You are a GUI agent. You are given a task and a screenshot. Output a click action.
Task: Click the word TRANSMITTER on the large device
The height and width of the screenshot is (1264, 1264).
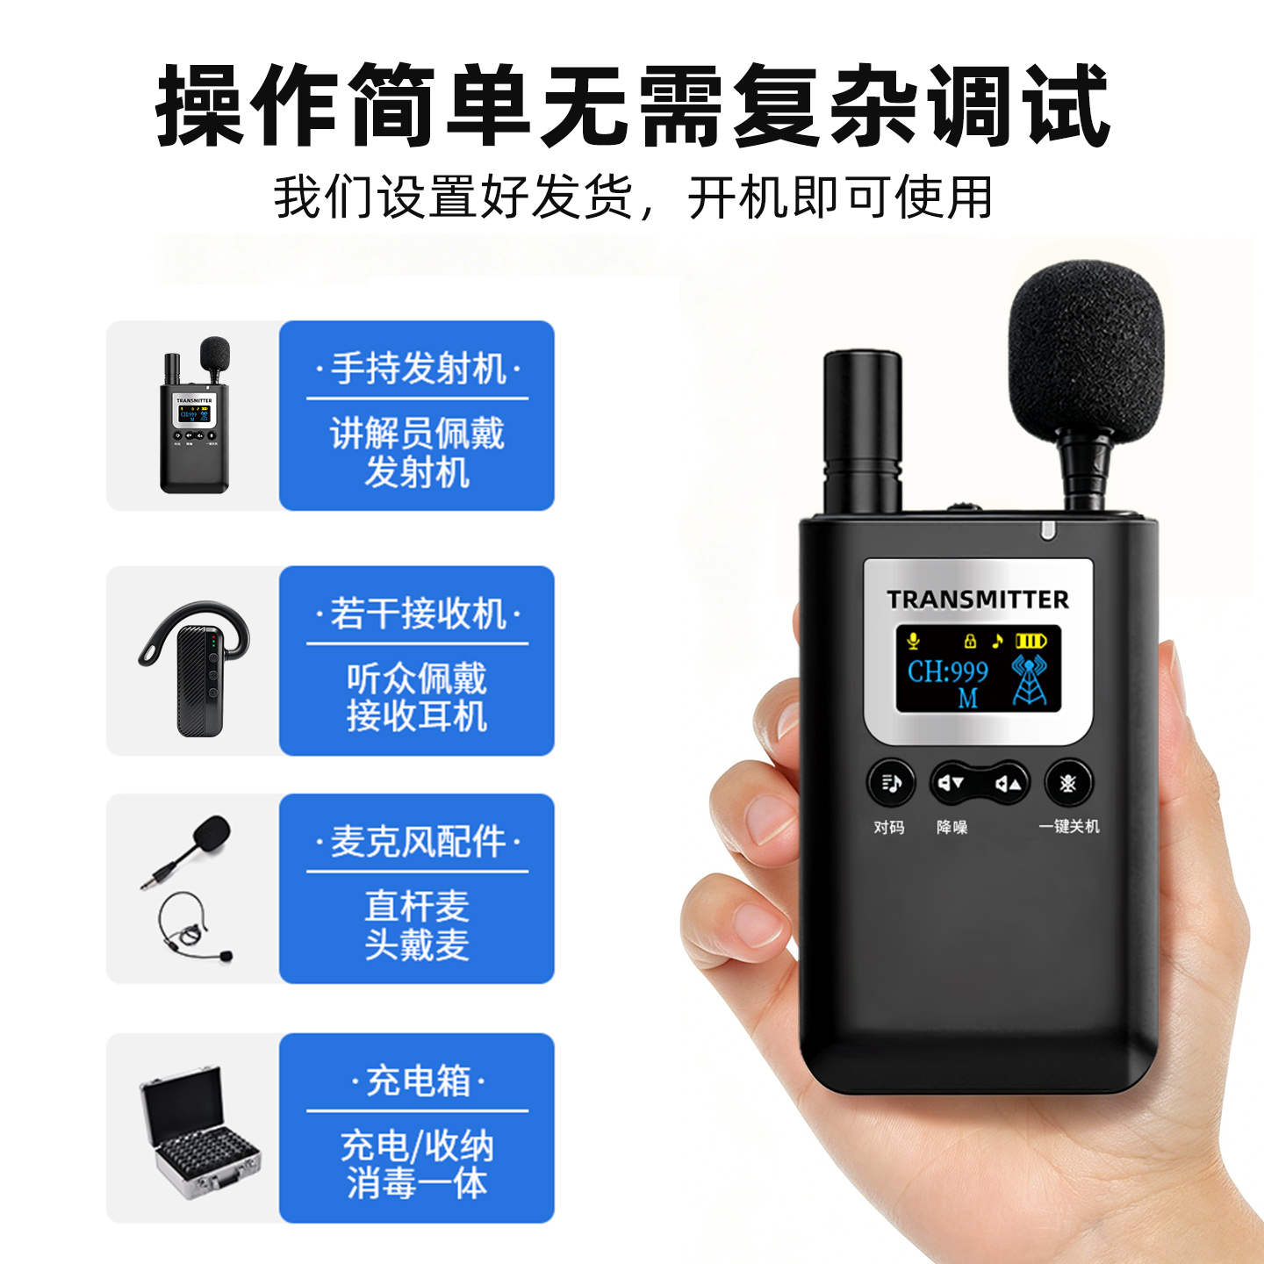click(x=977, y=599)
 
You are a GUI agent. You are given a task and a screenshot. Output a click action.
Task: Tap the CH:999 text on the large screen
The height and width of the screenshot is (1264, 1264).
click(x=947, y=671)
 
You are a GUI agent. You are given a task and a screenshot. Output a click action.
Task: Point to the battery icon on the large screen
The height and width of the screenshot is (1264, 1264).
click(x=1031, y=640)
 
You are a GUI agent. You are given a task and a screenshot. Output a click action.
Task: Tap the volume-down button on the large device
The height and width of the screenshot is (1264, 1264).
click(x=951, y=782)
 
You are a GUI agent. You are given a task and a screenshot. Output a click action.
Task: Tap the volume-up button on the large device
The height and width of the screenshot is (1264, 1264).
click(x=1008, y=783)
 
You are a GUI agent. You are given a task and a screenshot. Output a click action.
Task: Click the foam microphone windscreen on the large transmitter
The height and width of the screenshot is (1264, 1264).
click(x=1066, y=352)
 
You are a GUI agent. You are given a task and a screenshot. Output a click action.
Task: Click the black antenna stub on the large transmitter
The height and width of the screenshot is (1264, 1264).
click(x=863, y=433)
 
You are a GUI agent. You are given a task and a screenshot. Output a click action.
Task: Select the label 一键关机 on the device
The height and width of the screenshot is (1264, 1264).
click(x=1068, y=826)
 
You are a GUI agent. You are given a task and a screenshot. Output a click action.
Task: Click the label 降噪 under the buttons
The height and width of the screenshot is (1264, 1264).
click(x=952, y=827)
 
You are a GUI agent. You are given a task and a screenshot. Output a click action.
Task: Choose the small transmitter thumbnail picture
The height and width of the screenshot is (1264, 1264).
click(x=195, y=414)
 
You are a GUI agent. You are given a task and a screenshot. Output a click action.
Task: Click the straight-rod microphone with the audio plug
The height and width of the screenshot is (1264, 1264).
click(x=186, y=851)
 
